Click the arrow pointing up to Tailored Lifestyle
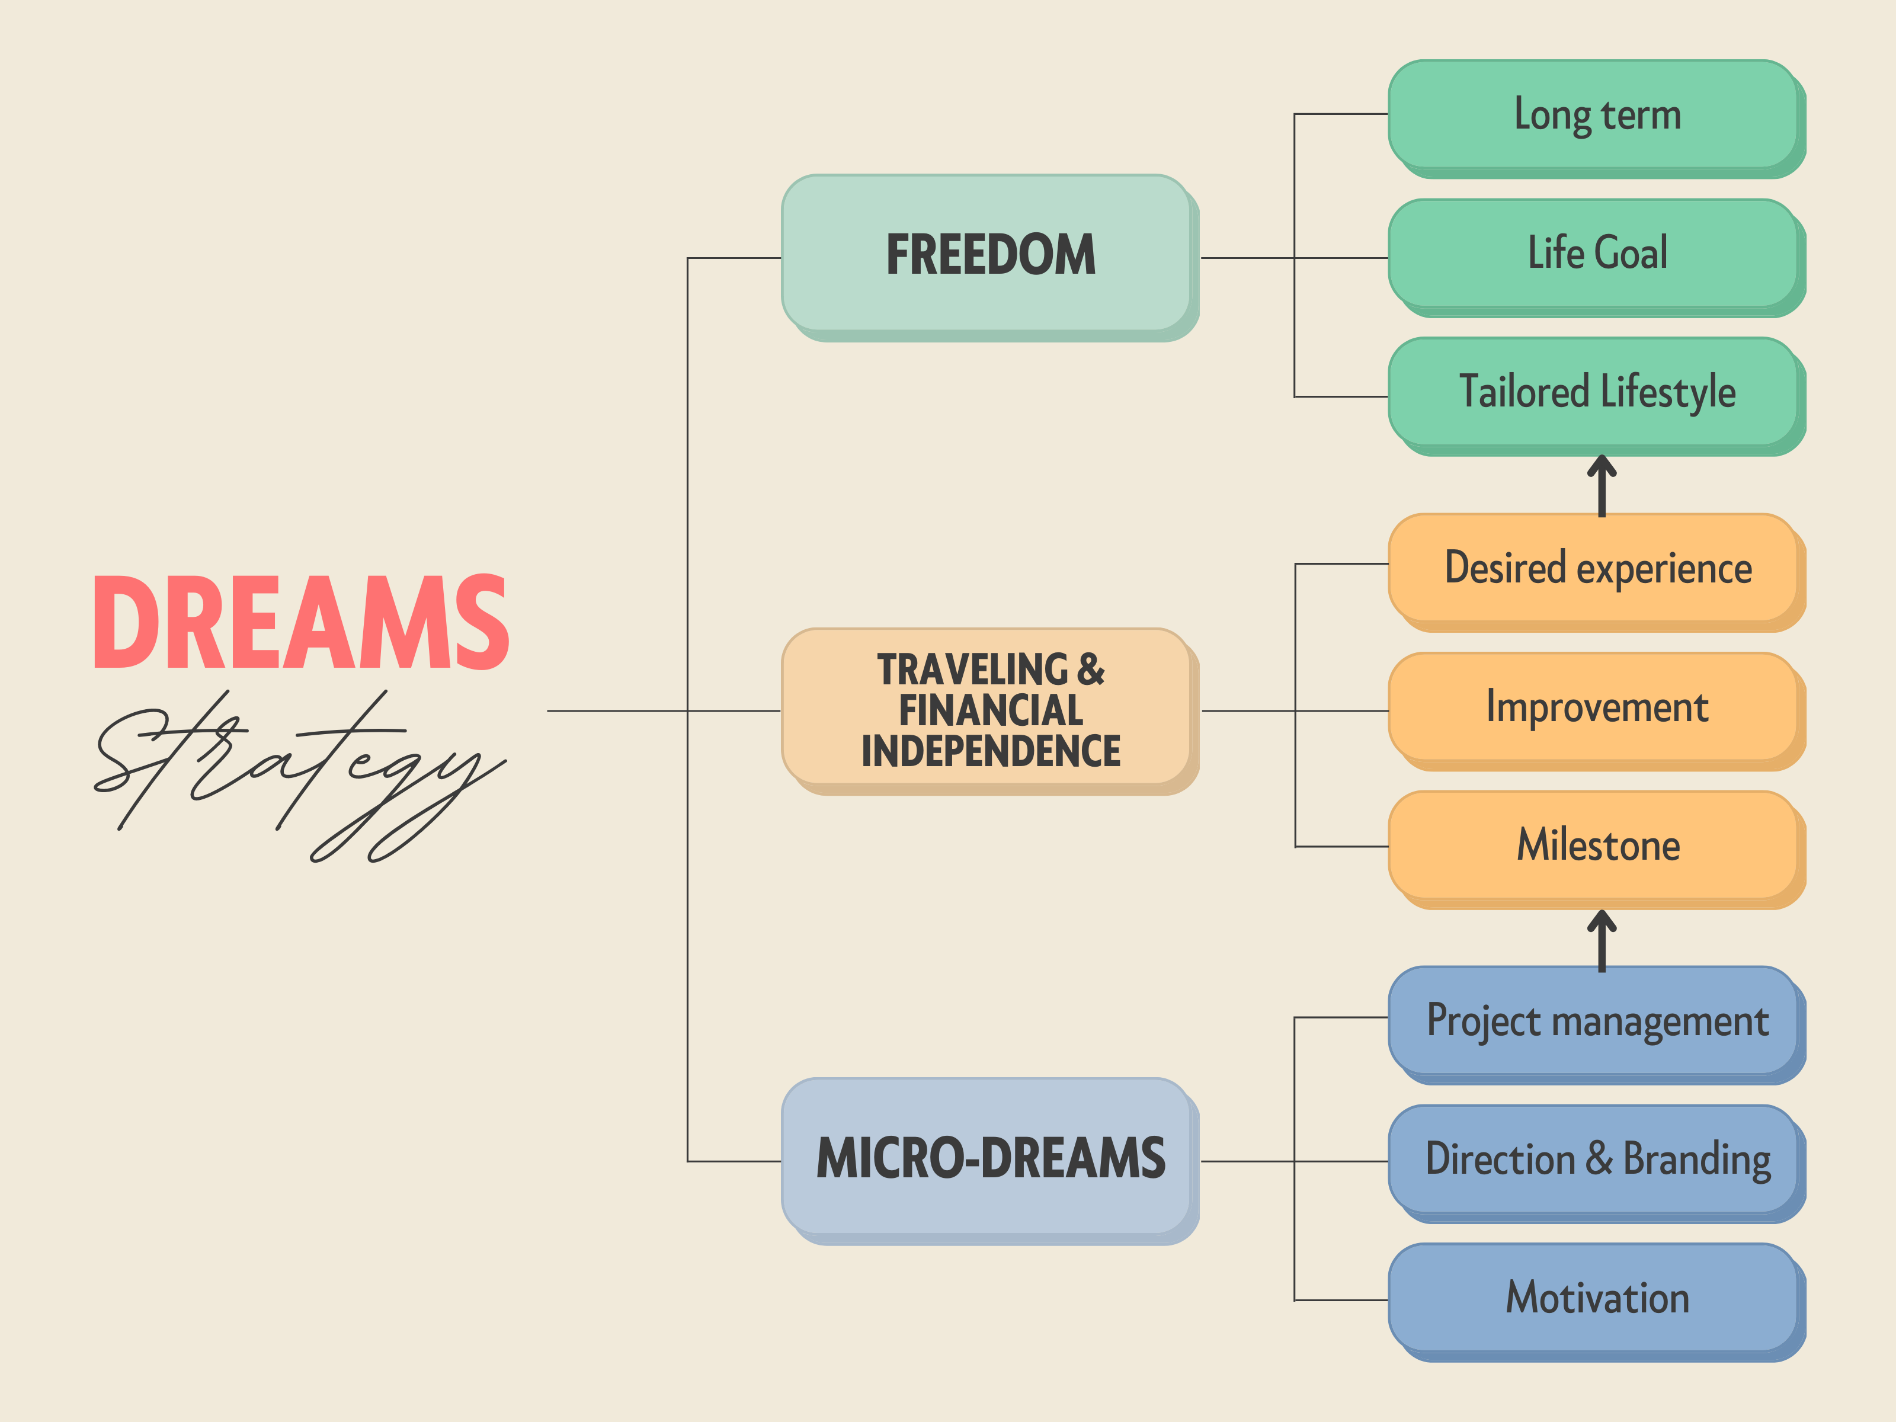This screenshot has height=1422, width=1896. click(1601, 485)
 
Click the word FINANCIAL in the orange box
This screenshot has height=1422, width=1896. click(990, 710)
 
